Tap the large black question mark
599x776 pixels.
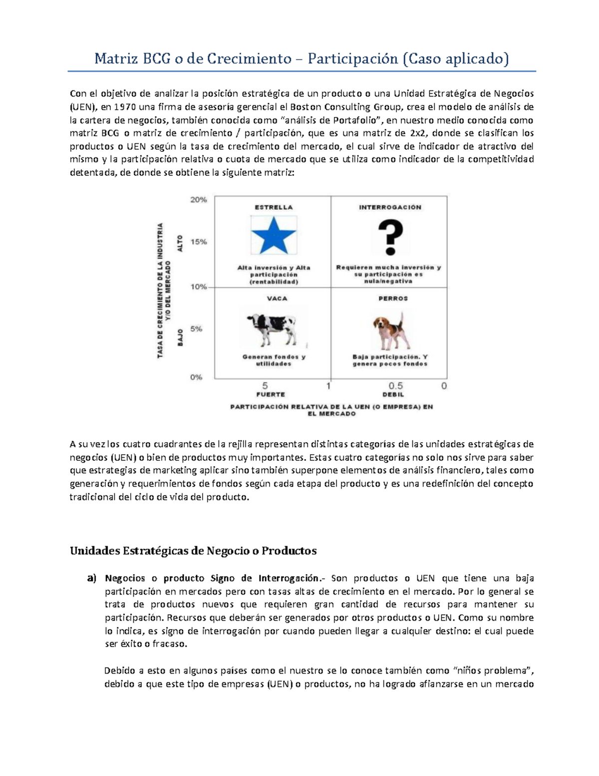[x=390, y=238]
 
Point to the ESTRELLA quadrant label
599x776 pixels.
[x=274, y=207]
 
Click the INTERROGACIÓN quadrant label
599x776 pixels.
[x=390, y=207]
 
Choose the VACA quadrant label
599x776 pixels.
[x=277, y=298]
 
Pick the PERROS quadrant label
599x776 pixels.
[x=393, y=298]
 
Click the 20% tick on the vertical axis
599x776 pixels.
[x=198, y=199]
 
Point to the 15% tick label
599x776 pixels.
[x=198, y=241]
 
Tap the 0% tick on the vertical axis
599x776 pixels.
[x=196, y=377]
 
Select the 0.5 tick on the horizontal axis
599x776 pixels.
[x=396, y=386]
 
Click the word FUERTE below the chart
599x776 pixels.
[x=271, y=394]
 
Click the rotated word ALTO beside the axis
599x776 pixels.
[x=180, y=243]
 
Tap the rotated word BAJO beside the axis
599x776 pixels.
[x=180, y=337]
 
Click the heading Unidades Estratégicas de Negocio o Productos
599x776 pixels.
[x=193, y=551]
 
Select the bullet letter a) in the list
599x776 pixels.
[x=91, y=578]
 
